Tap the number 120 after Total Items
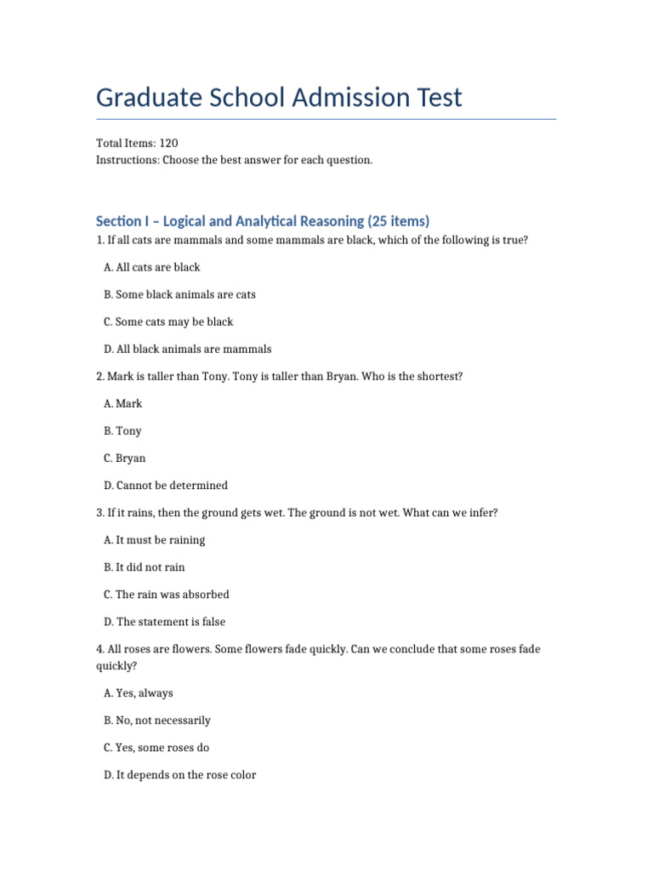click(168, 143)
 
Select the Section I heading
click(263, 221)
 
